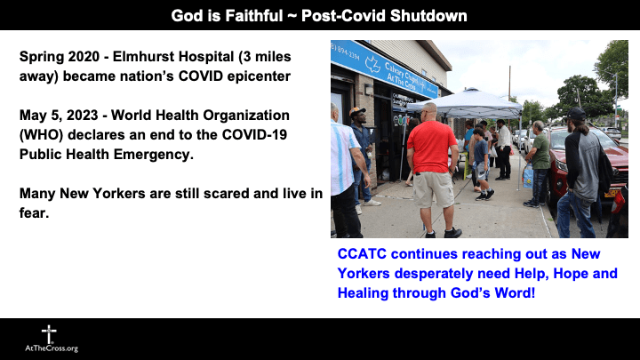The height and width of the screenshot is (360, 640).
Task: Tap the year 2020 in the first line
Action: pyautogui.click(x=86, y=57)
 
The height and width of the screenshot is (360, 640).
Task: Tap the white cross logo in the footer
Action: pyautogui.click(x=49, y=332)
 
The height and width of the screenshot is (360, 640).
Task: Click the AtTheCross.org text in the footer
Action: pyautogui.click(x=52, y=348)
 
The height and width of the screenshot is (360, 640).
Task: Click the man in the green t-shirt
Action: pyautogui.click(x=540, y=151)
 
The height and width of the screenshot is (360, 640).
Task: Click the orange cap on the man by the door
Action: pyautogui.click(x=358, y=113)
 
